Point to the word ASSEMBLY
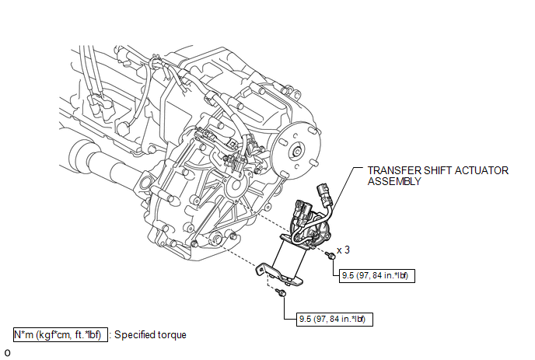tap(394, 181)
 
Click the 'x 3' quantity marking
tap(343, 250)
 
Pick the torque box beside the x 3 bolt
tap(377, 275)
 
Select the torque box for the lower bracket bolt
tap(334, 319)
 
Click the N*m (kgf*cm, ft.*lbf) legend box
tap(61, 335)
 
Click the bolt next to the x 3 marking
tap(330, 255)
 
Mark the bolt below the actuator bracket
tap(281, 292)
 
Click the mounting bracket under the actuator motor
tap(279, 274)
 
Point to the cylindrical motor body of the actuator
tap(289, 259)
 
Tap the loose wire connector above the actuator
tap(323, 193)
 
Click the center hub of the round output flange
tap(296, 151)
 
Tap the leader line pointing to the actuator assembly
tap(341, 191)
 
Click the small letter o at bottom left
tap(7, 353)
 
